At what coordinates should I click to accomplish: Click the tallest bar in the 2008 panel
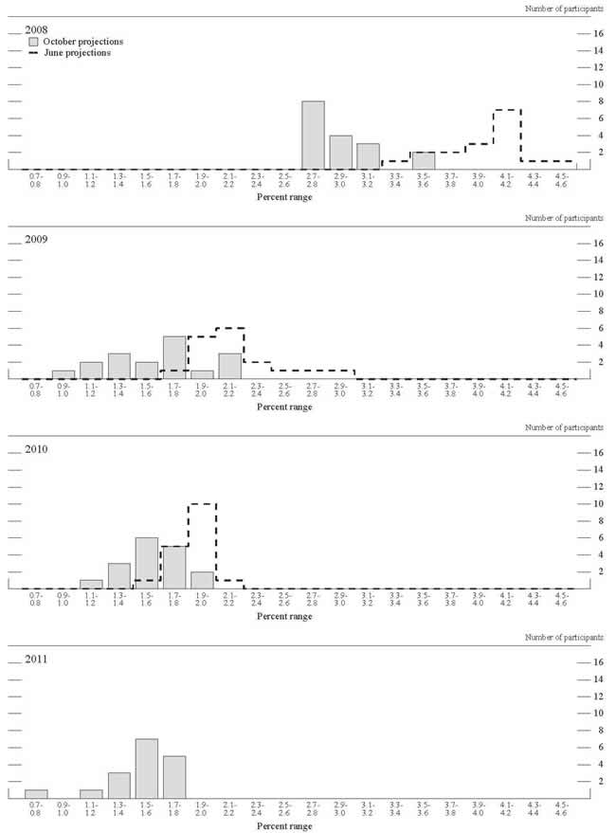(x=313, y=135)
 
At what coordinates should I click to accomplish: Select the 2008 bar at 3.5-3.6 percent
(x=424, y=160)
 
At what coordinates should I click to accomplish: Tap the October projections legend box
(x=34, y=42)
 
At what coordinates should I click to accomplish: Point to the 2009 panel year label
(x=37, y=240)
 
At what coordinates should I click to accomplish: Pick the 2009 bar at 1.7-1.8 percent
(x=174, y=357)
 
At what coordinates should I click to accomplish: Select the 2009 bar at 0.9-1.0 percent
(x=63, y=374)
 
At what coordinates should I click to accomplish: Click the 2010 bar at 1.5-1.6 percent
(x=147, y=563)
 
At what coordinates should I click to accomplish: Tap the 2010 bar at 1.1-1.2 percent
(x=91, y=584)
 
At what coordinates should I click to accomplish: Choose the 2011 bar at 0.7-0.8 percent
(x=36, y=794)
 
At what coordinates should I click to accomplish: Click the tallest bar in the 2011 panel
(x=147, y=769)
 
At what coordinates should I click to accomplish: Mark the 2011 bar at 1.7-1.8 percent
(x=174, y=777)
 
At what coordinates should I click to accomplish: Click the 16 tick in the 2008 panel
(x=598, y=33)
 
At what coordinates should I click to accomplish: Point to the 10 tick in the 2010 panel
(x=598, y=503)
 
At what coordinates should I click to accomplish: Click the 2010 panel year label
(x=37, y=450)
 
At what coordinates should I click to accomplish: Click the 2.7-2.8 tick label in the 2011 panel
(x=313, y=810)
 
